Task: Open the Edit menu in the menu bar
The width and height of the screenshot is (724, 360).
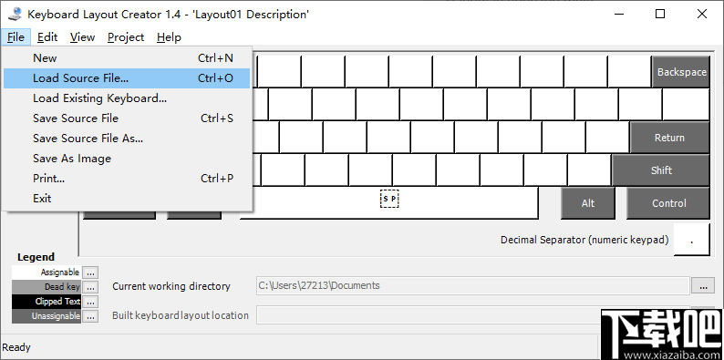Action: coord(47,37)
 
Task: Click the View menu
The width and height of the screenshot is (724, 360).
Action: coord(82,37)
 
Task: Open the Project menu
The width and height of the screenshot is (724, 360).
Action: coord(126,37)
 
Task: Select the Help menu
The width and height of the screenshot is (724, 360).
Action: coord(169,37)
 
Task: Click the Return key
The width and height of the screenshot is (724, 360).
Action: coord(669,138)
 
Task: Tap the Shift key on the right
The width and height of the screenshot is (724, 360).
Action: coord(661,170)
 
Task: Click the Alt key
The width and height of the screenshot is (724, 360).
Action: coord(588,203)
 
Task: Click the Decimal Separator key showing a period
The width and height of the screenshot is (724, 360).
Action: coord(692,240)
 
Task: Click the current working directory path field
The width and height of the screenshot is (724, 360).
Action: coord(472,286)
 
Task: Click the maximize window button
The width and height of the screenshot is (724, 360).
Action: coord(660,14)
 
